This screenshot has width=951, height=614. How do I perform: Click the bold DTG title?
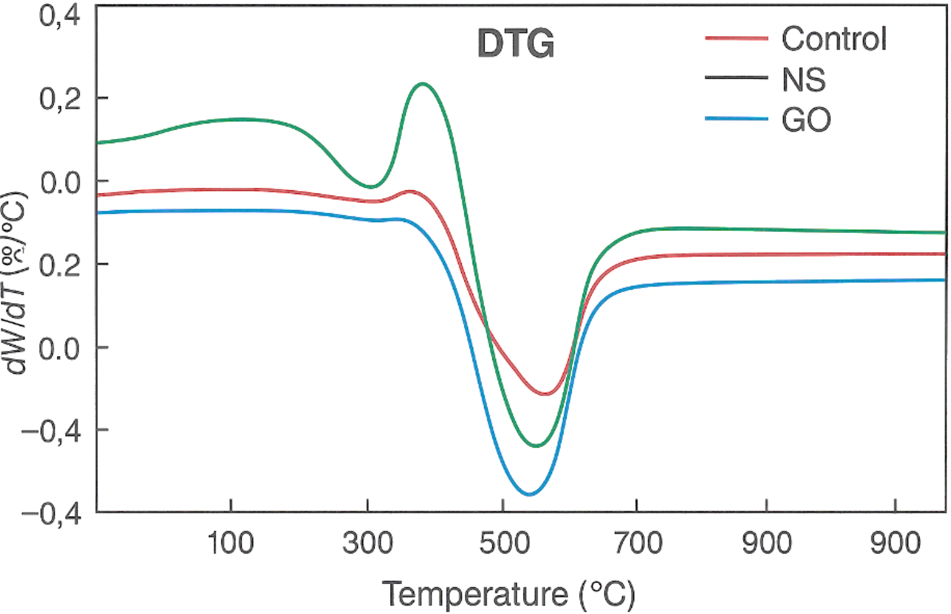[x=516, y=44]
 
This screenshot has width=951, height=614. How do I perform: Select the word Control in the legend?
[x=834, y=39]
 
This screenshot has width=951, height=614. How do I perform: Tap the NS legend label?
[x=804, y=80]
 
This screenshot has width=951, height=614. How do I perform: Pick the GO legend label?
[x=806, y=120]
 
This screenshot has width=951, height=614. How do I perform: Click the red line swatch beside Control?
[x=736, y=38]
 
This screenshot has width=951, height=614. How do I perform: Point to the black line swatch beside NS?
[x=736, y=78]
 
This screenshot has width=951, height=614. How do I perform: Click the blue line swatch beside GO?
[x=736, y=118]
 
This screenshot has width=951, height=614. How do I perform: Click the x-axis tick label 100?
[x=231, y=543]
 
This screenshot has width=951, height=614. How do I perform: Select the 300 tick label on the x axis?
[x=368, y=543]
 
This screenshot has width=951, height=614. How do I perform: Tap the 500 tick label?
[x=504, y=543]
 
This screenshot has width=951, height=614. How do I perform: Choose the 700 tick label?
[x=638, y=543]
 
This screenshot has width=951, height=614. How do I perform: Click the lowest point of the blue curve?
[x=529, y=494]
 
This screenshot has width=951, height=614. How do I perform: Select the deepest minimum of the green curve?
[x=536, y=445]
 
